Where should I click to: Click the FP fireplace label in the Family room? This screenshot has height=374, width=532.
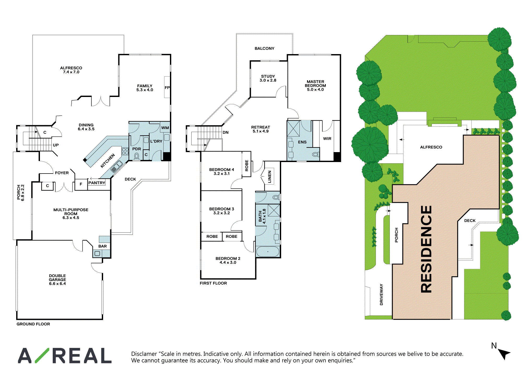click(167, 88)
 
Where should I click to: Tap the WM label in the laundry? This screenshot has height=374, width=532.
click(165, 128)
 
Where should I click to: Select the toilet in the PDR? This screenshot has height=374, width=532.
click(136, 156)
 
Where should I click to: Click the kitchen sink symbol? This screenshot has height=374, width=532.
click(116, 166)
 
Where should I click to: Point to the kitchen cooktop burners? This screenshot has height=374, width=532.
click(125, 151)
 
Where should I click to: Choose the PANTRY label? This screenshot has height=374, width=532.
click(97, 183)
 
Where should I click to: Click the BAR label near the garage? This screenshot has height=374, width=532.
click(103, 246)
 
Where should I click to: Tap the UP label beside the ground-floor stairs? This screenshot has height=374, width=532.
click(56, 145)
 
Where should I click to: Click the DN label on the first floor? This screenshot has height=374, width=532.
click(226, 133)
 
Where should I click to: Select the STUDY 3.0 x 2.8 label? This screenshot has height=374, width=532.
click(268, 78)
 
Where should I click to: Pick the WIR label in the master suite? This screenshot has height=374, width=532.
click(327, 139)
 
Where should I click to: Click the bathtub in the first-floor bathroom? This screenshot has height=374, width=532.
click(268, 252)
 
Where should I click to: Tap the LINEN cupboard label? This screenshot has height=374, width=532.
click(270, 177)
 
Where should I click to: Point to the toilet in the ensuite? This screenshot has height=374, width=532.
click(315, 154)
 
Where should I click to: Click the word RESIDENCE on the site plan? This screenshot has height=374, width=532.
click(427, 249)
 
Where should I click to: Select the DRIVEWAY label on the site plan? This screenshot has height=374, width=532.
click(381, 295)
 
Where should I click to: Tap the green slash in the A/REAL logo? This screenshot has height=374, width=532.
click(42, 355)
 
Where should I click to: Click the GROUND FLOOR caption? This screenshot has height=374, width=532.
click(33, 324)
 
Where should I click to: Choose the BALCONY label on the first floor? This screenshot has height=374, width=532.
click(264, 48)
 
